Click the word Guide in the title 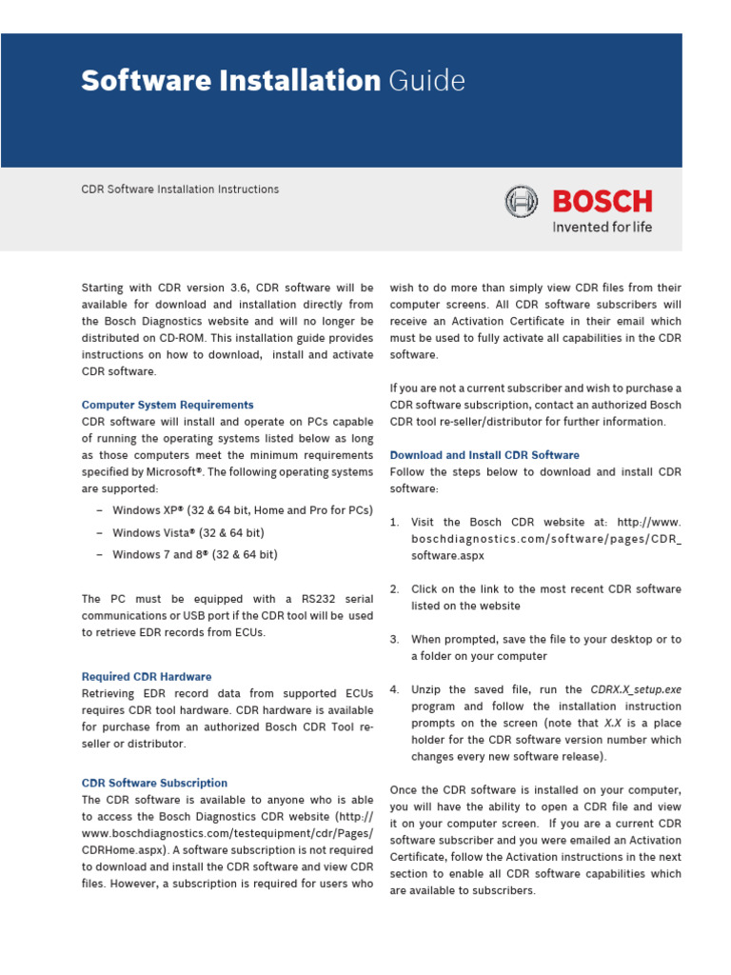click(x=426, y=82)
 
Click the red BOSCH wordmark click(x=602, y=202)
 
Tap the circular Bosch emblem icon click(x=521, y=202)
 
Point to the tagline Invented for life click(x=602, y=228)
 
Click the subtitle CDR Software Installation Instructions click(x=180, y=189)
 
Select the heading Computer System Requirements click(x=168, y=405)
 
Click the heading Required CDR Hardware click(x=147, y=677)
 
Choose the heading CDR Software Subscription click(x=154, y=783)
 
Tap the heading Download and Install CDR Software click(x=484, y=455)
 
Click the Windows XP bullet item click(x=242, y=510)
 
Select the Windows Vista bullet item click(x=188, y=532)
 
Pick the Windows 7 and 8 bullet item click(x=195, y=554)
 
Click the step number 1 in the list click(x=394, y=523)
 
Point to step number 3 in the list click(x=394, y=640)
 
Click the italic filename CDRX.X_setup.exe click(x=636, y=689)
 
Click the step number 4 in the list click(x=394, y=689)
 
